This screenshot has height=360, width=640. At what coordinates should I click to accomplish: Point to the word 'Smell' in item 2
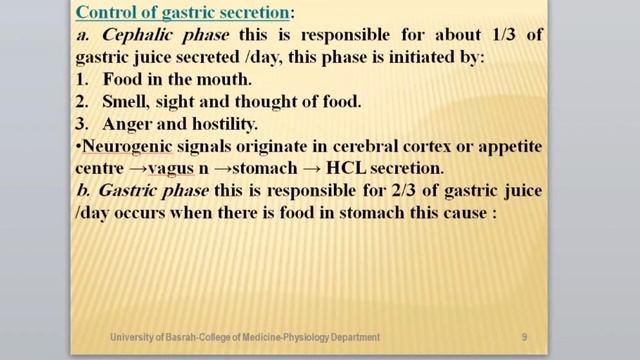(x=127, y=102)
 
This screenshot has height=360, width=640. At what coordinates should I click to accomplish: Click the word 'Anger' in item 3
(x=128, y=124)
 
